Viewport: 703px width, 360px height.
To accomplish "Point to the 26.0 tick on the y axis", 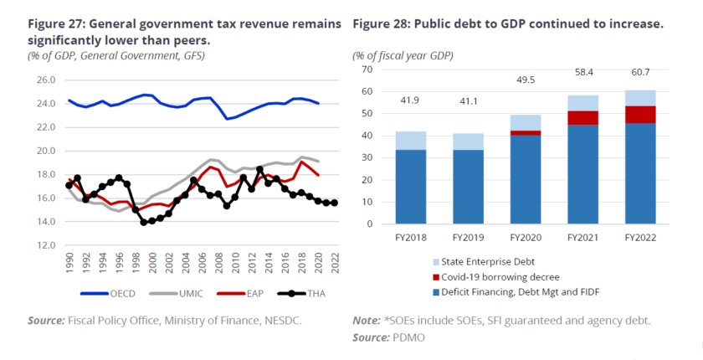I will pyautogui.click(x=46, y=80).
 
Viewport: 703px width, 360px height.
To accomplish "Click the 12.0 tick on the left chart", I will pyautogui.click(x=46, y=245).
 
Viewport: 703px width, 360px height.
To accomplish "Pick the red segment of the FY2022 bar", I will pyautogui.click(x=640, y=114).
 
